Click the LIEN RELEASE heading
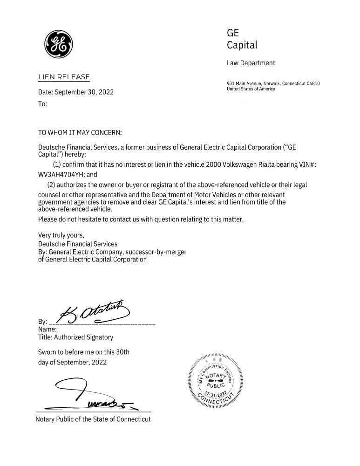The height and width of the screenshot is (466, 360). pos(64,77)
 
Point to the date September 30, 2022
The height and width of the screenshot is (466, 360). pos(84,92)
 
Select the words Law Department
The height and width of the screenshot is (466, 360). pos(251,63)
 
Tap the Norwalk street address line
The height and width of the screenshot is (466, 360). pos(273,83)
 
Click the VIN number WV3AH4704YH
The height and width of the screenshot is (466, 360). pos(61,175)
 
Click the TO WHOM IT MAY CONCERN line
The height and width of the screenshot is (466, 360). pos(80,133)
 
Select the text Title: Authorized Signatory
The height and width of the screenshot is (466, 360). pos(75,337)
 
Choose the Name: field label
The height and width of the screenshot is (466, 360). pos(47,329)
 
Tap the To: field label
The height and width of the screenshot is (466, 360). pos(42,105)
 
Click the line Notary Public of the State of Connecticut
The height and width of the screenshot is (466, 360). pos(93,419)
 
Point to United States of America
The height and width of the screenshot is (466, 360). pos(251,89)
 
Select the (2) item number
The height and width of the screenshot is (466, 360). pos(52,185)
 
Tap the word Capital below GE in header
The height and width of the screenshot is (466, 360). pos(242,45)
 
